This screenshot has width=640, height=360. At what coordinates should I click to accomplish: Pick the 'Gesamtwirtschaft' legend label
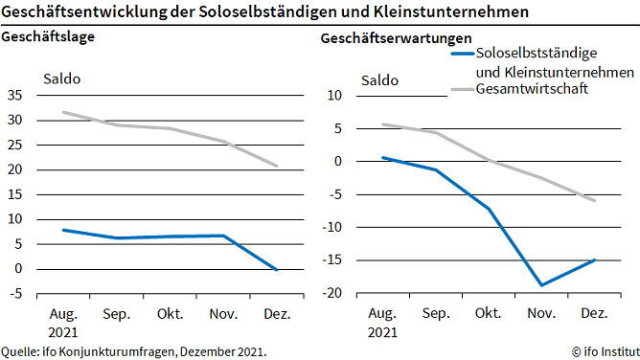(532, 89)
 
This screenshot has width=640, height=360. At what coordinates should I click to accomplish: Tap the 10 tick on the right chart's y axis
(334, 96)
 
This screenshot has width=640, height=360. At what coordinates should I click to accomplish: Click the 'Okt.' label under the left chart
(170, 314)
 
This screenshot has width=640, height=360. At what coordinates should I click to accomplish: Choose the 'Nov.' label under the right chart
(540, 314)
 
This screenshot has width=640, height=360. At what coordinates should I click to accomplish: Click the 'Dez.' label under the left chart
(277, 314)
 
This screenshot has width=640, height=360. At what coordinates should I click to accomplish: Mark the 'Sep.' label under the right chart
(435, 314)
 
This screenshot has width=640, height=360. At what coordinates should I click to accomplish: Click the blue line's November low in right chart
(541, 285)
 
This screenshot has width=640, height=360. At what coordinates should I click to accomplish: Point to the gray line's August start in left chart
(63, 112)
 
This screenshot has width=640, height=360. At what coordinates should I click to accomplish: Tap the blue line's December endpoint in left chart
(277, 270)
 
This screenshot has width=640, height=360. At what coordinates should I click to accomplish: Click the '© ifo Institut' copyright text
(602, 351)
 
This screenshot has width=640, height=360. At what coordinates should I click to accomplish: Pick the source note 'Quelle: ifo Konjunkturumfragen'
(133, 351)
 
